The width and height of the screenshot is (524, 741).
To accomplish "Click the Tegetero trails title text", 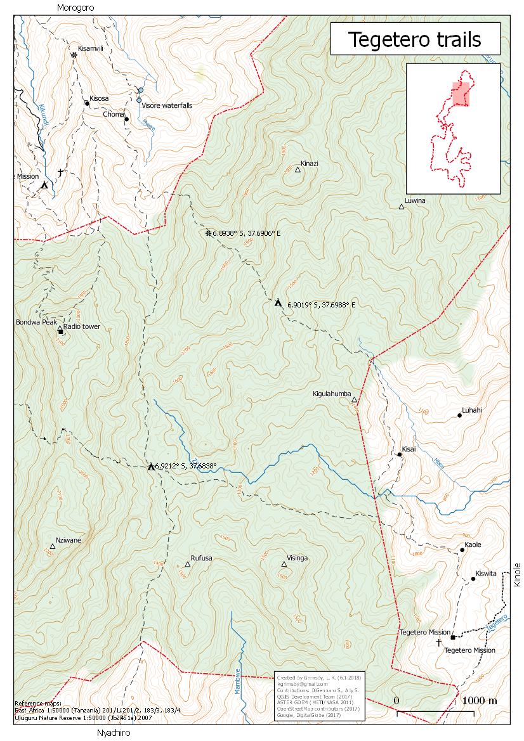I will [416, 40].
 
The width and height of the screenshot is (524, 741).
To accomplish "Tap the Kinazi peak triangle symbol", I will [298, 169].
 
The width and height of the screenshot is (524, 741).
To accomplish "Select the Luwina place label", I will [415, 200].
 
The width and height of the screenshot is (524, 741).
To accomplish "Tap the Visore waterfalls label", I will [166, 105].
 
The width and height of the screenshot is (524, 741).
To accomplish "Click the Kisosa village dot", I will [86, 103].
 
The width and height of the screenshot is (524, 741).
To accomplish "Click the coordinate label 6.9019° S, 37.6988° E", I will [321, 305].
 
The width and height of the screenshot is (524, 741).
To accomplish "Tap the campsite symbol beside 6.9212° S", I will [151, 467].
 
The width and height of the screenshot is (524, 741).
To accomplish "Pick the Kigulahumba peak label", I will [332, 394].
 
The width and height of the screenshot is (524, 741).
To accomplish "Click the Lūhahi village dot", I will [459, 415].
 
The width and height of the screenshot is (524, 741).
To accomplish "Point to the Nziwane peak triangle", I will [53, 546].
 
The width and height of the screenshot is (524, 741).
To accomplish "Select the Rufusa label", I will [201, 558].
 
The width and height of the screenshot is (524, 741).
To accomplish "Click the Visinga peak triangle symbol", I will [284, 564].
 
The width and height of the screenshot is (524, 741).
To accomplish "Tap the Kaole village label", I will [473, 545].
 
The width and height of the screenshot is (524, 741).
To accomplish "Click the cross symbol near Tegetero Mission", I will [438, 642].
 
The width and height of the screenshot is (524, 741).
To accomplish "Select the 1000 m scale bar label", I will [480, 700].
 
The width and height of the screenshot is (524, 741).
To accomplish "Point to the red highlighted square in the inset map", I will [461, 93].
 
